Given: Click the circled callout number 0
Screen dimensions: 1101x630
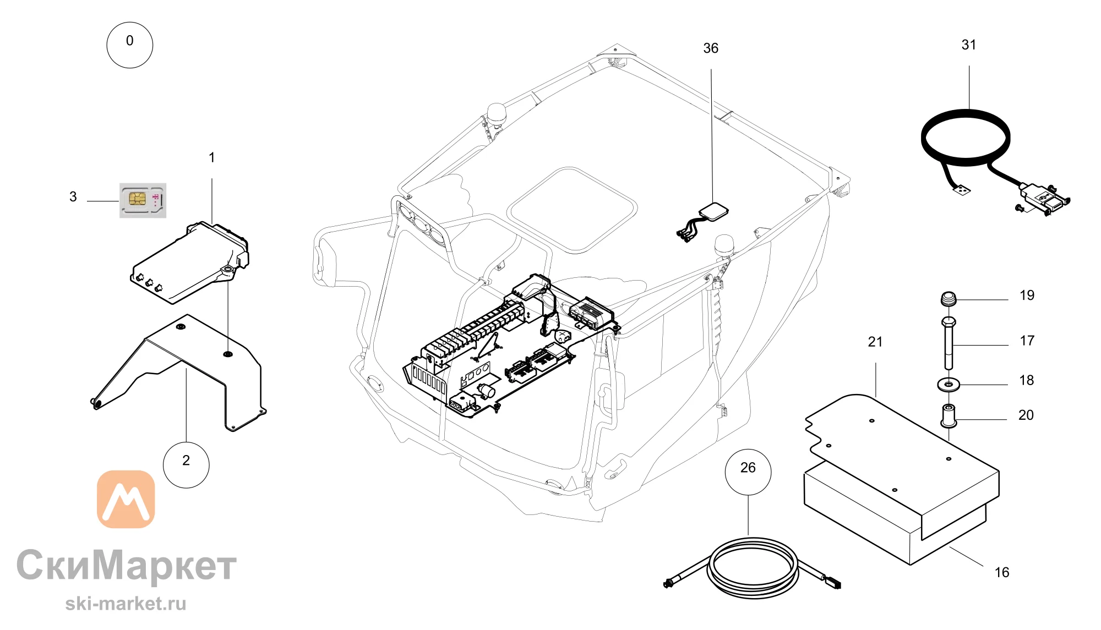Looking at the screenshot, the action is click(x=129, y=45).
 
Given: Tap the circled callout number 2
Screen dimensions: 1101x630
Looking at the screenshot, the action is click(x=186, y=465).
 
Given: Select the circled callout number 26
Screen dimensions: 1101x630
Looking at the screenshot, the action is click(x=748, y=472).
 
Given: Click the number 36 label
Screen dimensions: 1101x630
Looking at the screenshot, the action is click(x=711, y=48).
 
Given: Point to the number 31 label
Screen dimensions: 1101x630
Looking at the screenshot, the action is click(x=969, y=45).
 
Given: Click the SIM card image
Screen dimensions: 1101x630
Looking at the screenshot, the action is click(x=143, y=200).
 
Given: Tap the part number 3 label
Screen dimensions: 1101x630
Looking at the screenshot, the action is click(x=73, y=197).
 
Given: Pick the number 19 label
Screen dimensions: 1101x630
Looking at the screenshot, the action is click(x=1027, y=295).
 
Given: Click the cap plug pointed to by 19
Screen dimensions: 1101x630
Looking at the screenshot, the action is click(x=948, y=299).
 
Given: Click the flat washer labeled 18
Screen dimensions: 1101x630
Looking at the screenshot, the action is click(x=948, y=384).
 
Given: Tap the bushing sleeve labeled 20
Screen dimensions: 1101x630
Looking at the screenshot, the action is click(x=948, y=416).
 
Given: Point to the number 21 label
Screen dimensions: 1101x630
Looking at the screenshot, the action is click(x=875, y=342).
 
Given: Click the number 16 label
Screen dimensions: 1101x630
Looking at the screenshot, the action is click(x=1002, y=573).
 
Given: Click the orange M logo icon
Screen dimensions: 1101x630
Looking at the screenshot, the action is click(x=126, y=499).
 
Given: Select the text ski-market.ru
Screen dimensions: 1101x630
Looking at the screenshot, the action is click(x=126, y=604).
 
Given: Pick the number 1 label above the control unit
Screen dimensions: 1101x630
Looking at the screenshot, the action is click(x=212, y=158).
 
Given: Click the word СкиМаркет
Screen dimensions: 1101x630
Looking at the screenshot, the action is click(x=127, y=565).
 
